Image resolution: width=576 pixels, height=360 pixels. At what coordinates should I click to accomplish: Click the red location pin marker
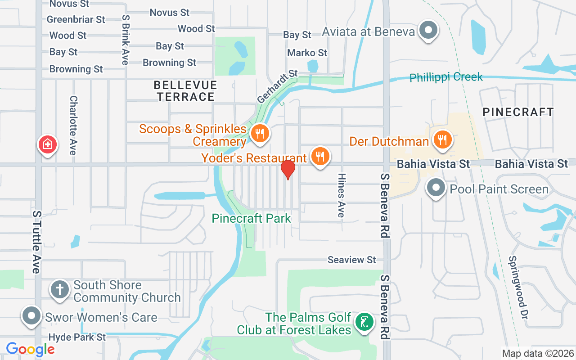tap(288, 170)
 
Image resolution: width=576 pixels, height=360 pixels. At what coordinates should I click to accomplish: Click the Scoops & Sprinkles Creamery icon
tap(259, 133)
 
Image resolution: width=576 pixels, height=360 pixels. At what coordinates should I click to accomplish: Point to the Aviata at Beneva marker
tap(428, 31)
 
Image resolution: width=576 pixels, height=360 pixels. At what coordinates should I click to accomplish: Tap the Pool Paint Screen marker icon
tap(436, 187)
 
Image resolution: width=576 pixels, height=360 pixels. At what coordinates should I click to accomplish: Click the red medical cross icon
tap(47, 144)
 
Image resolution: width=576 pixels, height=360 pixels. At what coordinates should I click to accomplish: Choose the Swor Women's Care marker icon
tap(31, 315)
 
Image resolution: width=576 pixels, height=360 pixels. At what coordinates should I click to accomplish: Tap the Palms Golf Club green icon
tap(364, 322)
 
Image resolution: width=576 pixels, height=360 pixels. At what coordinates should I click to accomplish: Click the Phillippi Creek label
tap(446, 77)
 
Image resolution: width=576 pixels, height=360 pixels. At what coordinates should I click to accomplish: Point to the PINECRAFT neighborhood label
tap(518, 112)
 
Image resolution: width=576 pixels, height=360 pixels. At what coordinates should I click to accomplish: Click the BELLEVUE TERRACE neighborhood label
tap(185, 91)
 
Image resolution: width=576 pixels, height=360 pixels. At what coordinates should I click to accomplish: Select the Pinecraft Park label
tap(252, 219)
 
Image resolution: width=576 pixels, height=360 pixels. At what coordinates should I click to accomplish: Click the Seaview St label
tap(351, 260)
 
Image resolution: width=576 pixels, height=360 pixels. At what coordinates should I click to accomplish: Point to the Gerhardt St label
tap(278, 85)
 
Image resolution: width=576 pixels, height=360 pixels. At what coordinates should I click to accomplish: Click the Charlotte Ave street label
tap(73, 125)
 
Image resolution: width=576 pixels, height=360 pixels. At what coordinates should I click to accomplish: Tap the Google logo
tap(30, 349)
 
